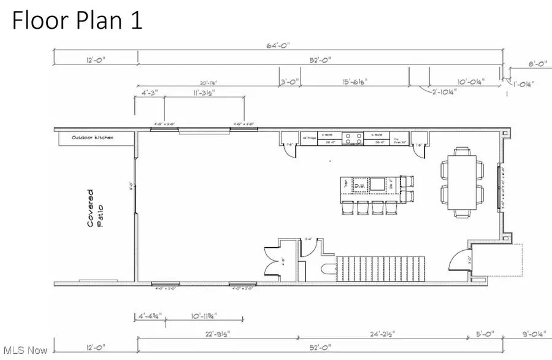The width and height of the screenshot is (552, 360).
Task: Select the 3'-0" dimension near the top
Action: tap(289, 80)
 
